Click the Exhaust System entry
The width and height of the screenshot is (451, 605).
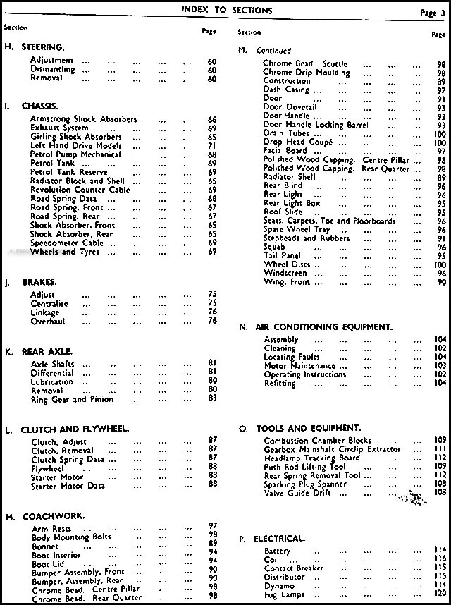(x=61, y=128)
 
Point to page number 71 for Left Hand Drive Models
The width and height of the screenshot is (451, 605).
(x=212, y=146)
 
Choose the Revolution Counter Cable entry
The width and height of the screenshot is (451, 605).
(x=80, y=190)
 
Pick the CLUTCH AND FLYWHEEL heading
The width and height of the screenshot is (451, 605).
(x=75, y=429)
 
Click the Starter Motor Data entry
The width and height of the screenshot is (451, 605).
(x=68, y=486)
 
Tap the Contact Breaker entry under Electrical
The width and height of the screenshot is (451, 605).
(x=294, y=568)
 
